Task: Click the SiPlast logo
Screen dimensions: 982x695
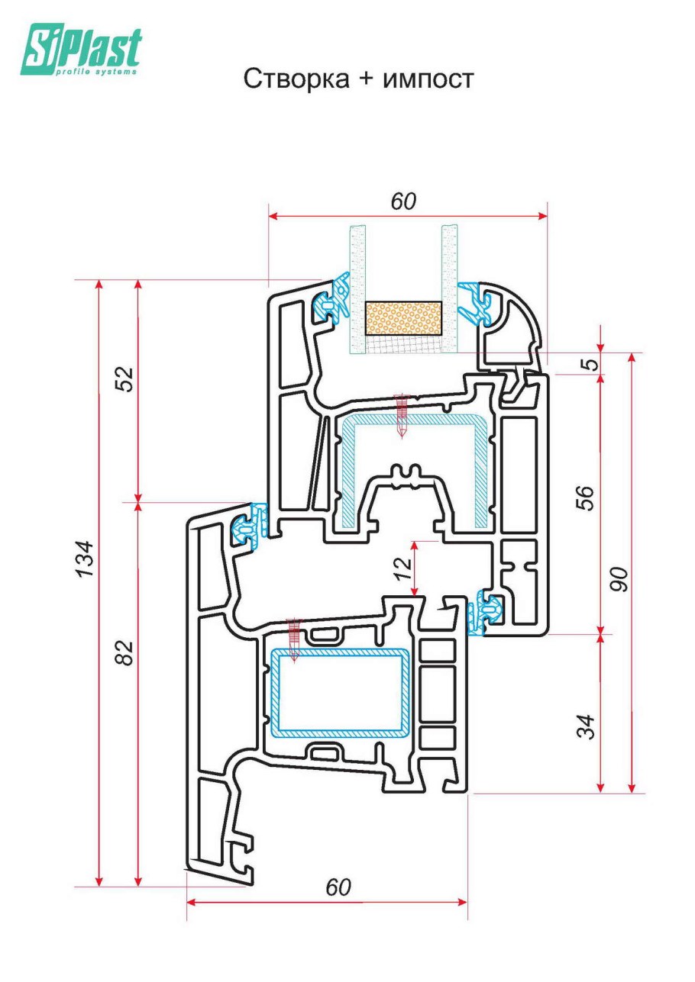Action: pyautogui.click(x=81, y=50)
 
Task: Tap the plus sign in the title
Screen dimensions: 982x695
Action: pyautogui.click(x=365, y=79)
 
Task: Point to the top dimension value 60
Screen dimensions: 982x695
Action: pyautogui.click(x=404, y=201)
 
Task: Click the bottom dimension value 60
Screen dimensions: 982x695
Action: pyautogui.click(x=338, y=888)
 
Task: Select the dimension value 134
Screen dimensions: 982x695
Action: pyautogui.click(x=86, y=558)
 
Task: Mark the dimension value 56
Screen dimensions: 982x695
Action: pyautogui.click(x=585, y=497)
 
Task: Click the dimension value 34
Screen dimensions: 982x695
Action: pyautogui.click(x=585, y=727)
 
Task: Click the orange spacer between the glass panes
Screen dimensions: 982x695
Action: pyautogui.click(x=403, y=317)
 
